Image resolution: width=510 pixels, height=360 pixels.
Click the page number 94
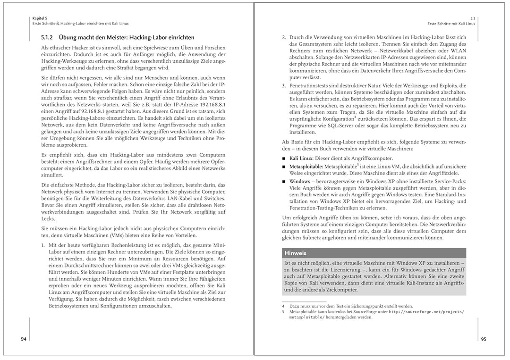[24, 339]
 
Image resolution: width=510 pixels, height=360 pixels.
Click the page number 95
[483, 339]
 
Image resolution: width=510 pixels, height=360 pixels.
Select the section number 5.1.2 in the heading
[49, 37]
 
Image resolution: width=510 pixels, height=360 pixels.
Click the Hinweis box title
[295, 253]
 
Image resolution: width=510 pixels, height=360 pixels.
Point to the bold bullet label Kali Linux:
[302, 159]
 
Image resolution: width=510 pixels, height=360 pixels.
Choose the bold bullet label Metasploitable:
[306, 167]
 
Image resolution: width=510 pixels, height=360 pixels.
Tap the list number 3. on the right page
[284, 85]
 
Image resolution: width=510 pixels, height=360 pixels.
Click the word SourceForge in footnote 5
[370, 312]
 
